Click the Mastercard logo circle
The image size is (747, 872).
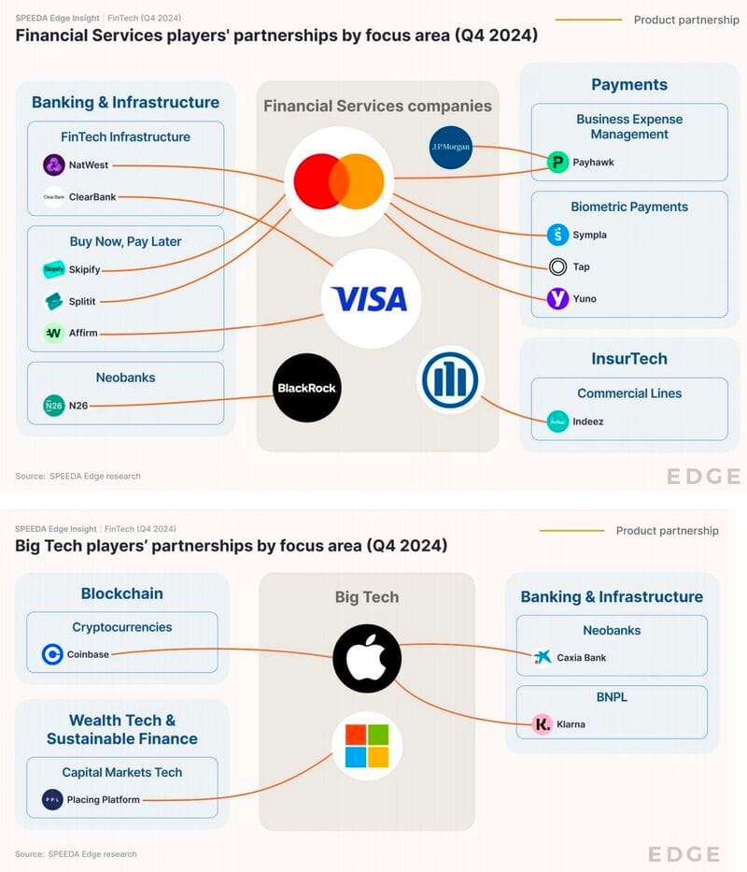click(339, 181)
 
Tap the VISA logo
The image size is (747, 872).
click(371, 299)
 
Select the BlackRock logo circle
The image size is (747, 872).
click(306, 388)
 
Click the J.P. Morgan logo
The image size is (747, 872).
click(451, 147)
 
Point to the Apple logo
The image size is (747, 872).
click(367, 658)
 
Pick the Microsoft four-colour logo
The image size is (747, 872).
click(367, 745)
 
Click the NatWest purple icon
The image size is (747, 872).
click(53, 165)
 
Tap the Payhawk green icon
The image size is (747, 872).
click(557, 163)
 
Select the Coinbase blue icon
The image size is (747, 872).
click(52, 654)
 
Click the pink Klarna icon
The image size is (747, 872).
click(543, 724)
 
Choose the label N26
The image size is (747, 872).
click(78, 406)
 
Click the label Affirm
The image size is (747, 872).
click(83, 333)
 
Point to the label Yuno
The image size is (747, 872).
click(585, 299)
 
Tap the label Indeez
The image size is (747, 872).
click(588, 422)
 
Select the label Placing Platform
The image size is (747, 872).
click(103, 800)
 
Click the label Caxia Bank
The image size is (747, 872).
click(582, 658)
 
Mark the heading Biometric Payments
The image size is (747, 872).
click(629, 207)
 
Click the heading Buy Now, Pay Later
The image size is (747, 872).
click(125, 241)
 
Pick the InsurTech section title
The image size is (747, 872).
click(629, 358)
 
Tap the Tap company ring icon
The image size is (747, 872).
click(557, 267)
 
